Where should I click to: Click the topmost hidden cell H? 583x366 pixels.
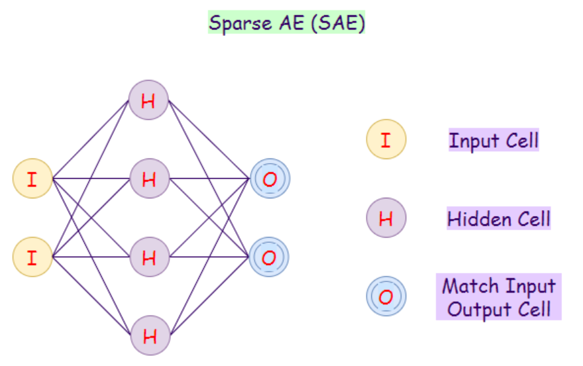tap(149, 100)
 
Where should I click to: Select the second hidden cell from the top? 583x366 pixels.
tap(149, 179)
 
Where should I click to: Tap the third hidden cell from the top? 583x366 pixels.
tap(149, 257)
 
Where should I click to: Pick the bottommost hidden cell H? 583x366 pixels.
tap(149, 336)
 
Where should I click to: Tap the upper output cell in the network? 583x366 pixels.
tap(269, 179)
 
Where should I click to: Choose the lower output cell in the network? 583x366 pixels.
tap(269, 257)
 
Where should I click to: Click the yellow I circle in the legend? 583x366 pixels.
tap(386, 139)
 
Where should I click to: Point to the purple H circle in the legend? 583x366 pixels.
tap(386, 218)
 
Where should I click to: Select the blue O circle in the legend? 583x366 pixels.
tap(386, 296)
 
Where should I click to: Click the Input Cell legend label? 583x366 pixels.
tap(493, 140)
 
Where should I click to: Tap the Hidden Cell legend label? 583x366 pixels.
tap(498, 219)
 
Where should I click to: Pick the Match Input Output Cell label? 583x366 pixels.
tap(498, 297)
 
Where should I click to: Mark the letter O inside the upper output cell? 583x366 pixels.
tap(269, 179)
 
